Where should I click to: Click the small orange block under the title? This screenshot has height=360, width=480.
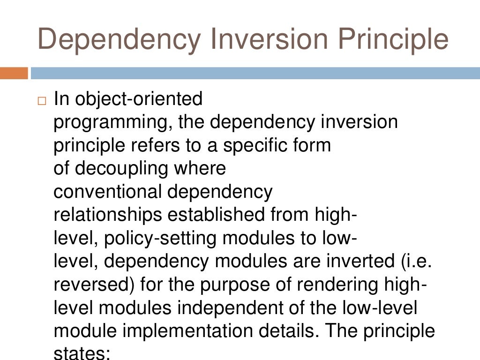tap(14, 73)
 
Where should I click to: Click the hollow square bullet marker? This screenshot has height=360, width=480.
tap(43, 101)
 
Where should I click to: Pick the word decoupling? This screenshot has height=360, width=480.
tap(123, 168)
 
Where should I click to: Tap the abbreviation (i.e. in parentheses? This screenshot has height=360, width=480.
tap(415, 261)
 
